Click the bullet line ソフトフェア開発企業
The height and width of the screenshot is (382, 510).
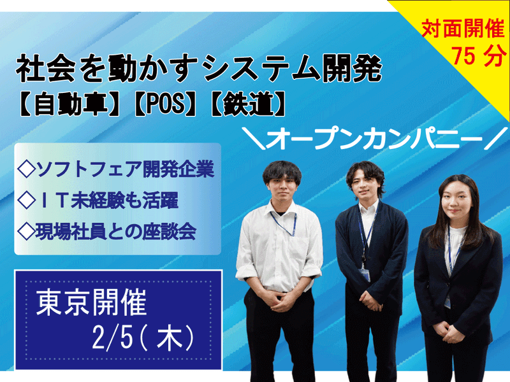117,170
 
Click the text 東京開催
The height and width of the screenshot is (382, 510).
93,302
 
